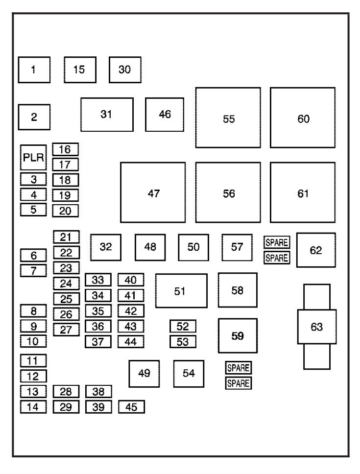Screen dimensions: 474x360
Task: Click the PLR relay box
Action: click(33, 158)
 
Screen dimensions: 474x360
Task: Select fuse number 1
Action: click(34, 70)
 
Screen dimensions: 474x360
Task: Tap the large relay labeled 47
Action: click(153, 192)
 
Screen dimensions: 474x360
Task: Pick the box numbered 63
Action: click(317, 327)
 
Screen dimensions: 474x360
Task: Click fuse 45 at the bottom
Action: click(131, 407)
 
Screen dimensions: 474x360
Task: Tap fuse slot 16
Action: click(65, 149)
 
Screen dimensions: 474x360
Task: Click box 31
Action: click(107, 115)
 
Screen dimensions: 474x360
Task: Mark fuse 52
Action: click(183, 326)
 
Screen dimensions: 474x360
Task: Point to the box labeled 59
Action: click(238, 335)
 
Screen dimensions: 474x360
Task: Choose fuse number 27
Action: click(66, 329)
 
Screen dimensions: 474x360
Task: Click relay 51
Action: click(181, 291)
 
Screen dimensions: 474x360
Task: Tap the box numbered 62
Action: click(316, 250)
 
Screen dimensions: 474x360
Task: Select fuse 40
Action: click(131, 280)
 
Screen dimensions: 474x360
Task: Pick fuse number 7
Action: click(33, 270)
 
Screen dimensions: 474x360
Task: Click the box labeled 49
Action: click(144, 374)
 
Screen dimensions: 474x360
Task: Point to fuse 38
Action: click(98, 391)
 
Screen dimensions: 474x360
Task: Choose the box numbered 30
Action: click(125, 70)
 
